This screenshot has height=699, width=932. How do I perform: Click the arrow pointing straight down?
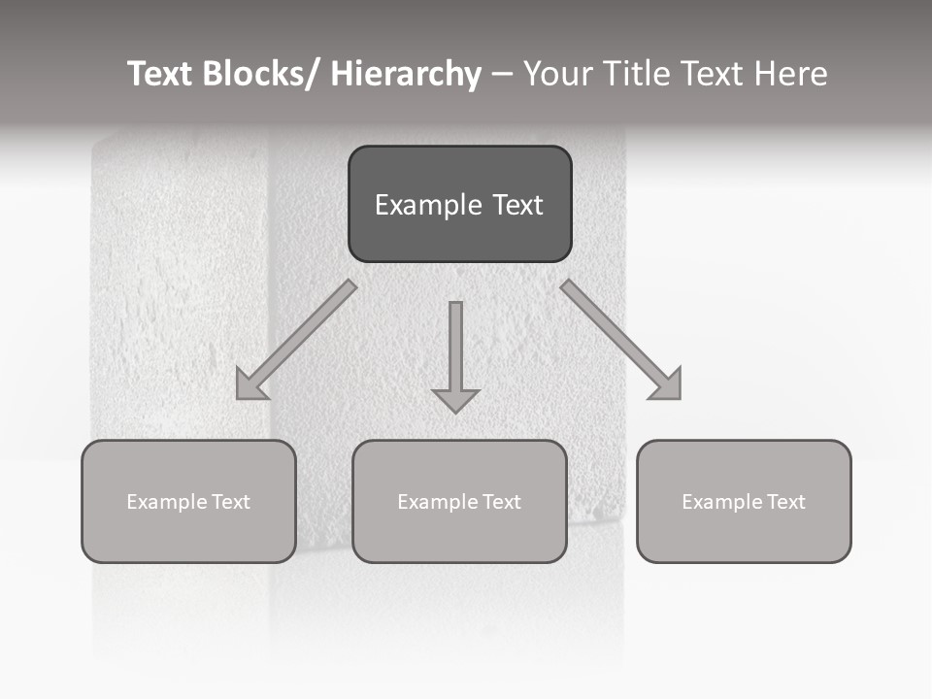(x=455, y=354)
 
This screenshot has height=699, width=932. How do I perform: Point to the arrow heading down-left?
(x=296, y=340)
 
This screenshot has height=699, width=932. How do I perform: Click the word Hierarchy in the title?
(x=406, y=74)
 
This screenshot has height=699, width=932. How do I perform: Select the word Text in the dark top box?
(x=516, y=206)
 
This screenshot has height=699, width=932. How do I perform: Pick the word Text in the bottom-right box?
(x=786, y=502)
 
